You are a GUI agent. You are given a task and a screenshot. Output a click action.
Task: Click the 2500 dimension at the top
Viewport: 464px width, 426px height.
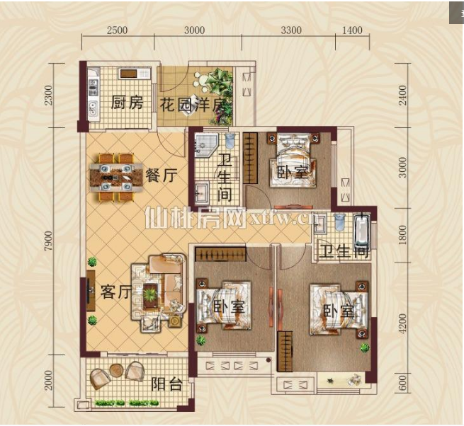pyautogui.click(x=117, y=30)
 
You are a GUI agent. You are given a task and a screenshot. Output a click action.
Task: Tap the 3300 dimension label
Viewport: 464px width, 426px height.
pyautogui.click(x=291, y=30)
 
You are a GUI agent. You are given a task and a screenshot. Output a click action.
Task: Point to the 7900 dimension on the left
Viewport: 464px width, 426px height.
pyautogui.click(x=48, y=241)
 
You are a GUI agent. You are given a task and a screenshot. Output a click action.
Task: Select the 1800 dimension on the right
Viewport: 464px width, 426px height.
pyautogui.click(x=403, y=235)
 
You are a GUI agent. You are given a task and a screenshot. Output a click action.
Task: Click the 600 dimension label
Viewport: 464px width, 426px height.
pyautogui.click(x=403, y=383)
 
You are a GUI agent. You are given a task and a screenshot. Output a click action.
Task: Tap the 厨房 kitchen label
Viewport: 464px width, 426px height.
pyautogui.click(x=128, y=103)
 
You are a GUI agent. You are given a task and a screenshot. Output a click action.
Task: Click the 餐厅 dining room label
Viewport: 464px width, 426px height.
pyautogui.click(x=162, y=175)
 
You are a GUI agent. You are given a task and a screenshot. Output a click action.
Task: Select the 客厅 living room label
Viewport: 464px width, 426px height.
pyautogui.click(x=115, y=291)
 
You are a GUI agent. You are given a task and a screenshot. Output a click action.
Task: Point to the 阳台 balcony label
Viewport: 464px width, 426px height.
pyautogui.click(x=166, y=384)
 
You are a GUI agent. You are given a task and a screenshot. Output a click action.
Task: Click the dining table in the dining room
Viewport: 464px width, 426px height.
pyautogui.click(x=116, y=177)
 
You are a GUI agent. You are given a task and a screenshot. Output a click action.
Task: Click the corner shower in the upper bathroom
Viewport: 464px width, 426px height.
pyautogui.click(x=206, y=146)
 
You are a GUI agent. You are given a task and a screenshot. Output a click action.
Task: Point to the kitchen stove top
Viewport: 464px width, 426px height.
pyautogui.click(x=94, y=88)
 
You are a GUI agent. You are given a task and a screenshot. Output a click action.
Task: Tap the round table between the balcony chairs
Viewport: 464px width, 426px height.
pyautogui.click(x=116, y=370)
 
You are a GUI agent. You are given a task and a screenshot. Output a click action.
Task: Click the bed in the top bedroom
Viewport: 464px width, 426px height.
pyautogui.click(x=293, y=161)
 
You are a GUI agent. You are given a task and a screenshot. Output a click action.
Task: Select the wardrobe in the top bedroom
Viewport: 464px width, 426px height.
pyautogui.click(x=250, y=158)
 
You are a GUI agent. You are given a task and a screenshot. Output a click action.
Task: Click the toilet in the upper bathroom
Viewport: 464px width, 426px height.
pyautogui.click(x=230, y=142)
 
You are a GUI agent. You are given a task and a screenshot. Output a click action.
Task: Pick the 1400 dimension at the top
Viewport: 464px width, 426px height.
pyautogui.click(x=352, y=30)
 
